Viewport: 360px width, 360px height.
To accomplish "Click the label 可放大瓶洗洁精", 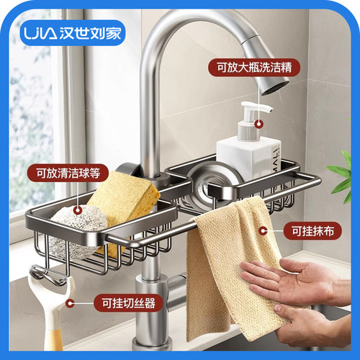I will click(253, 68).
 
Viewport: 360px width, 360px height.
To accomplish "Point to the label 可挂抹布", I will click(312, 232).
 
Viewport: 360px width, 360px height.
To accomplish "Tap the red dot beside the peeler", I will click(69, 303).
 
